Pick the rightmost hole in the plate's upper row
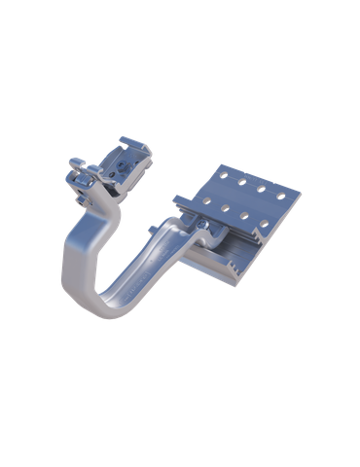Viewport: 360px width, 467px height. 280,196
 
